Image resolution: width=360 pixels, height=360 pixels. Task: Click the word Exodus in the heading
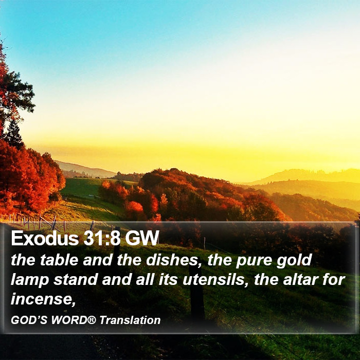pos(45,238)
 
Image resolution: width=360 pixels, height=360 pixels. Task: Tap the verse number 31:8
pos(102,238)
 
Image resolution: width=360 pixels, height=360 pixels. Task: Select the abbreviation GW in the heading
pos(142,238)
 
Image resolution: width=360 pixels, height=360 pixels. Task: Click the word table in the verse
pos(59,260)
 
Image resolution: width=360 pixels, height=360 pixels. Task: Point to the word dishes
pos(174,260)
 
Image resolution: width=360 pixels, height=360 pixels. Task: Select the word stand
pos(76,280)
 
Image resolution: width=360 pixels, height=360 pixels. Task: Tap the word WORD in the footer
pos(69,320)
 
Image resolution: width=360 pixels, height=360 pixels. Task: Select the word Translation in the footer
pos(130,320)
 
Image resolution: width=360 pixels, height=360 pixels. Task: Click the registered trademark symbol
pos(92,319)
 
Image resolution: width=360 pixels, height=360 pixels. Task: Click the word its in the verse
pos(168,280)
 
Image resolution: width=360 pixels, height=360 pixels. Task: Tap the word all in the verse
pos(145,280)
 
